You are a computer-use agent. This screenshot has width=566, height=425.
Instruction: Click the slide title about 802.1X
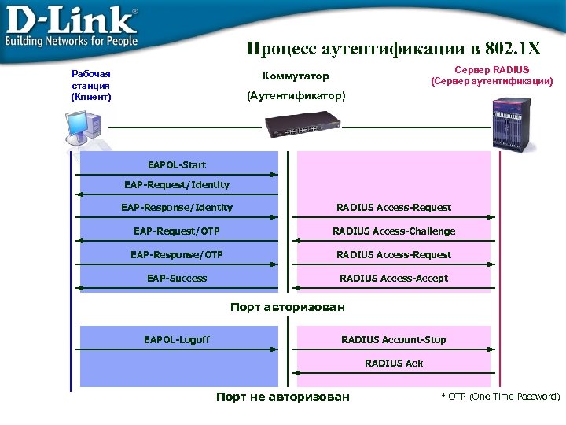pyautogui.click(x=393, y=49)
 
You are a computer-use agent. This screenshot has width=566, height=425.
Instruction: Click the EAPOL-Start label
pyautogui.click(x=177, y=164)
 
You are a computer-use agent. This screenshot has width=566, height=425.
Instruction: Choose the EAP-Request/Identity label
pyautogui.click(x=177, y=184)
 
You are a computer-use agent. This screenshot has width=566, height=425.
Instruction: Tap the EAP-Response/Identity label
pyautogui.click(x=177, y=208)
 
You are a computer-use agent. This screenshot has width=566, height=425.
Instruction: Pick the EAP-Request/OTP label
pyautogui.click(x=177, y=231)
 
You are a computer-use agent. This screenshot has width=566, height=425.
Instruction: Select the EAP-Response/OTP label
pyautogui.click(x=177, y=254)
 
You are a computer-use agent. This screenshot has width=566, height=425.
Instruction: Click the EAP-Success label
pyautogui.click(x=177, y=278)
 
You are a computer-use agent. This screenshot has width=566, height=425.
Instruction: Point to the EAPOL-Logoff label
pyautogui.click(x=177, y=339)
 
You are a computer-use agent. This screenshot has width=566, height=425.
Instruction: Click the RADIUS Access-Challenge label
pyautogui.click(x=394, y=231)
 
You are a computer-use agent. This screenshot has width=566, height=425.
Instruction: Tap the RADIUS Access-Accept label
pyautogui.click(x=394, y=278)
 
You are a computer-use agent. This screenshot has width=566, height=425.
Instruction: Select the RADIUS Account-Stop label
pyautogui.click(x=394, y=339)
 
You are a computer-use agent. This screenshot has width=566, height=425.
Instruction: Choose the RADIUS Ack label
pyautogui.click(x=394, y=363)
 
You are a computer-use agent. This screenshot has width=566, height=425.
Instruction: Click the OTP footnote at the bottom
pyautogui.click(x=501, y=397)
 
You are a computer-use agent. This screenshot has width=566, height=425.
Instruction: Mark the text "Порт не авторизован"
pyautogui.click(x=283, y=397)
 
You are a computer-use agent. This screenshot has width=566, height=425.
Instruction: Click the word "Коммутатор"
pyautogui.click(x=296, y=76)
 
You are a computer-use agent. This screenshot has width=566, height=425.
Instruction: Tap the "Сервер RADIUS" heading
pyautogui.click(x=492, y=70)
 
